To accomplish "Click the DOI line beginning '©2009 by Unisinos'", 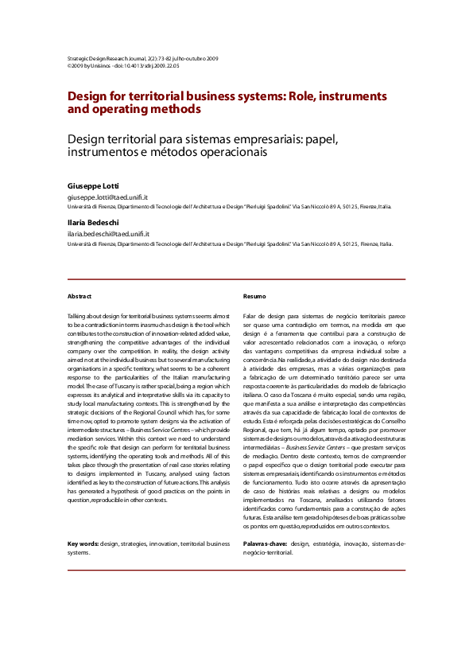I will point(123,66).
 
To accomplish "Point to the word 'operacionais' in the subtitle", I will point(222,151).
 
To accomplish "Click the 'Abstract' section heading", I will point(79,295).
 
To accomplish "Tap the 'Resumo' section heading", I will point(254,295).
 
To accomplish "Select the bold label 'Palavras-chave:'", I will point(266,543).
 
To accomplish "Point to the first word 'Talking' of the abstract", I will point(79,317).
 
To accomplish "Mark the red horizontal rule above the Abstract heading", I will point(236,279).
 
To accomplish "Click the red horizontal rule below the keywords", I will point(236,571).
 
